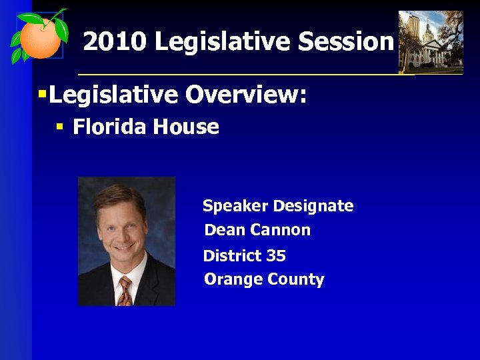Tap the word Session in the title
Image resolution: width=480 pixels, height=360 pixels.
pos(346,42)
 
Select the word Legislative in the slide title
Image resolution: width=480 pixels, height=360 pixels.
pos(223,42)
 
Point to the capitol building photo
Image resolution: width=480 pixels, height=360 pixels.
pos(430,41)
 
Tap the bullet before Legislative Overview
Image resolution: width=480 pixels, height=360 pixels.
pos(42,95)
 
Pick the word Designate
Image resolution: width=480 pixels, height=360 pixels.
pos(313,206)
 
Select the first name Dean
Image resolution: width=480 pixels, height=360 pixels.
pos(224,230)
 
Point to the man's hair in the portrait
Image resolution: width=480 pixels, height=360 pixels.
pos(120,195)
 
